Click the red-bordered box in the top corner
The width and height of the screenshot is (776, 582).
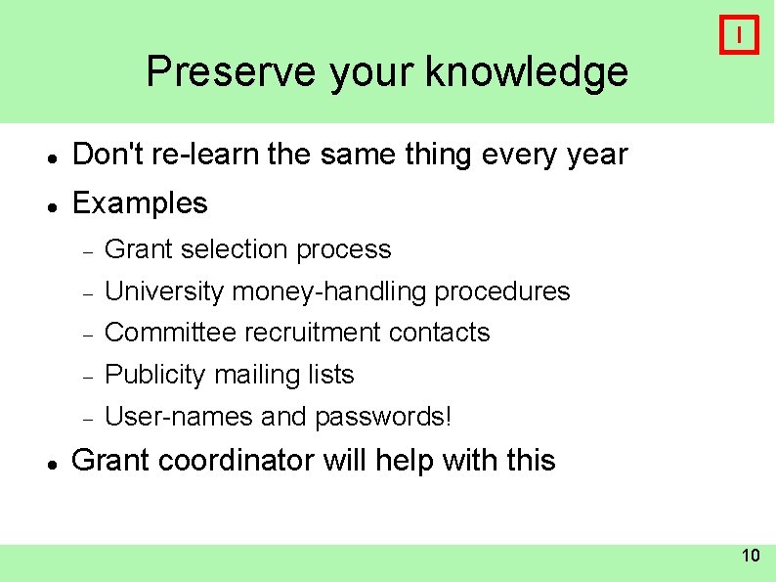[739, 35]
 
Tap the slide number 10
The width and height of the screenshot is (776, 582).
[750, 557]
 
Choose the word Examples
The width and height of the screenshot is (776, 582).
[140, 203]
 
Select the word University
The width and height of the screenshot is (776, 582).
[164, 291]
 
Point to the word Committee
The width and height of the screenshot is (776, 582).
[170, 333]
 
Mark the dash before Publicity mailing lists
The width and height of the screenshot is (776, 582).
[87, 377]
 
